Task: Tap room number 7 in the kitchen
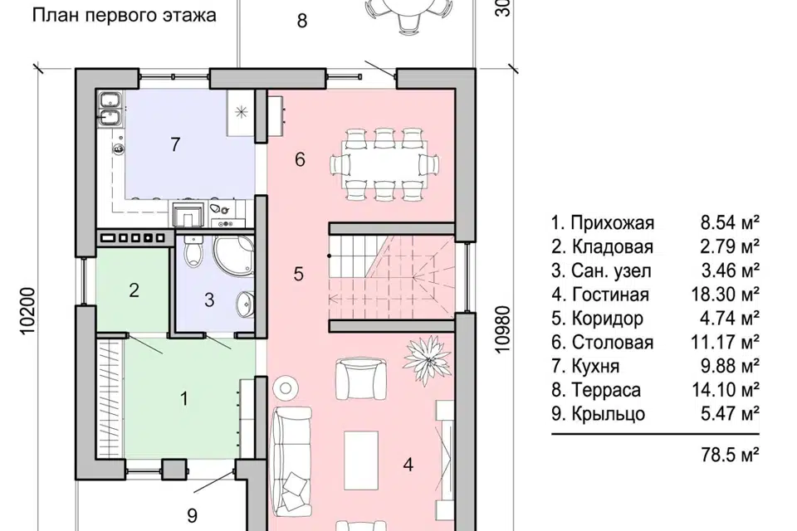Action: point(175,145)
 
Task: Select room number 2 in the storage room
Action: point(133,290)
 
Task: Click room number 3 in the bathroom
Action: point(210,300)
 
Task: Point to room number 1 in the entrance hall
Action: point(183,399)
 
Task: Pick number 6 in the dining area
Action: point(301,160)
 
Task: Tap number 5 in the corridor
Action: point(299,273)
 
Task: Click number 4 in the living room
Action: point(408,465)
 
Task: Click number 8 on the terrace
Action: point(301,20)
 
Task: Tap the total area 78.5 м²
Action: point(730,454)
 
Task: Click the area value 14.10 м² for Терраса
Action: point(730,390)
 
